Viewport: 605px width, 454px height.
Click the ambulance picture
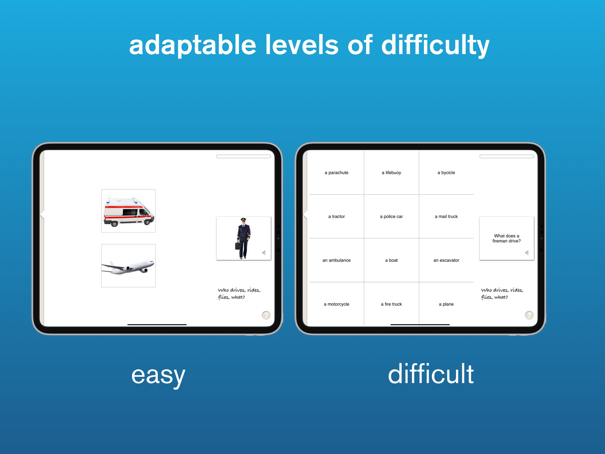pos(128,211)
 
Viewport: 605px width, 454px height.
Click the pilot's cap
pos(243,219)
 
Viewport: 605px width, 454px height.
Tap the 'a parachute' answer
pos(336,172)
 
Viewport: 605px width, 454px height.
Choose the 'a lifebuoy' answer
pos(391,172)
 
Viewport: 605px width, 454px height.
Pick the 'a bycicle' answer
pos(446,172)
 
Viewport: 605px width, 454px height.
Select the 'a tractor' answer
pos(336,216)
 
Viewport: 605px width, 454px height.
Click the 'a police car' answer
pos(391,216)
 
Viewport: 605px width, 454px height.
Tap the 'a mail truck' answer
pos(446,216)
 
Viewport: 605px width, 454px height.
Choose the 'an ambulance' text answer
pos(336,260)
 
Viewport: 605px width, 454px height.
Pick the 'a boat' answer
pos(391,260)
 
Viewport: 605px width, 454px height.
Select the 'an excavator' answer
pos(446,260)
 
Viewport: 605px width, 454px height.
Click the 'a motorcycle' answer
pos(336,304)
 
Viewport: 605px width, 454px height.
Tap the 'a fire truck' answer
pos(391,304)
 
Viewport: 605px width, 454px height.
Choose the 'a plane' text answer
pos(446,304)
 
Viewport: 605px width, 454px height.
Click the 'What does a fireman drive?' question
pos(506,238)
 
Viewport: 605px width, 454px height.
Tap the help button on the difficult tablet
pos(529,315)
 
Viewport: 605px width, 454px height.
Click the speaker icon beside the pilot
pos(264,253)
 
